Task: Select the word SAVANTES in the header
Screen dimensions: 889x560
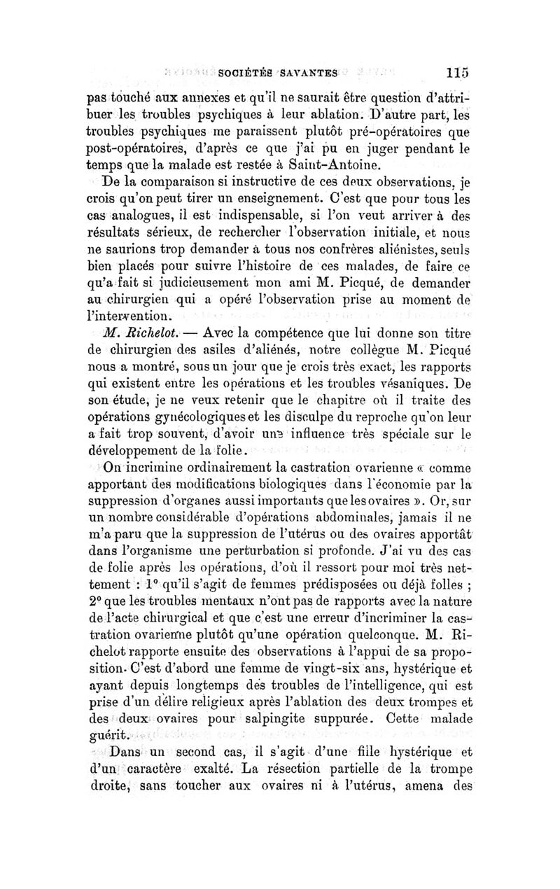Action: pos(309,72)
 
